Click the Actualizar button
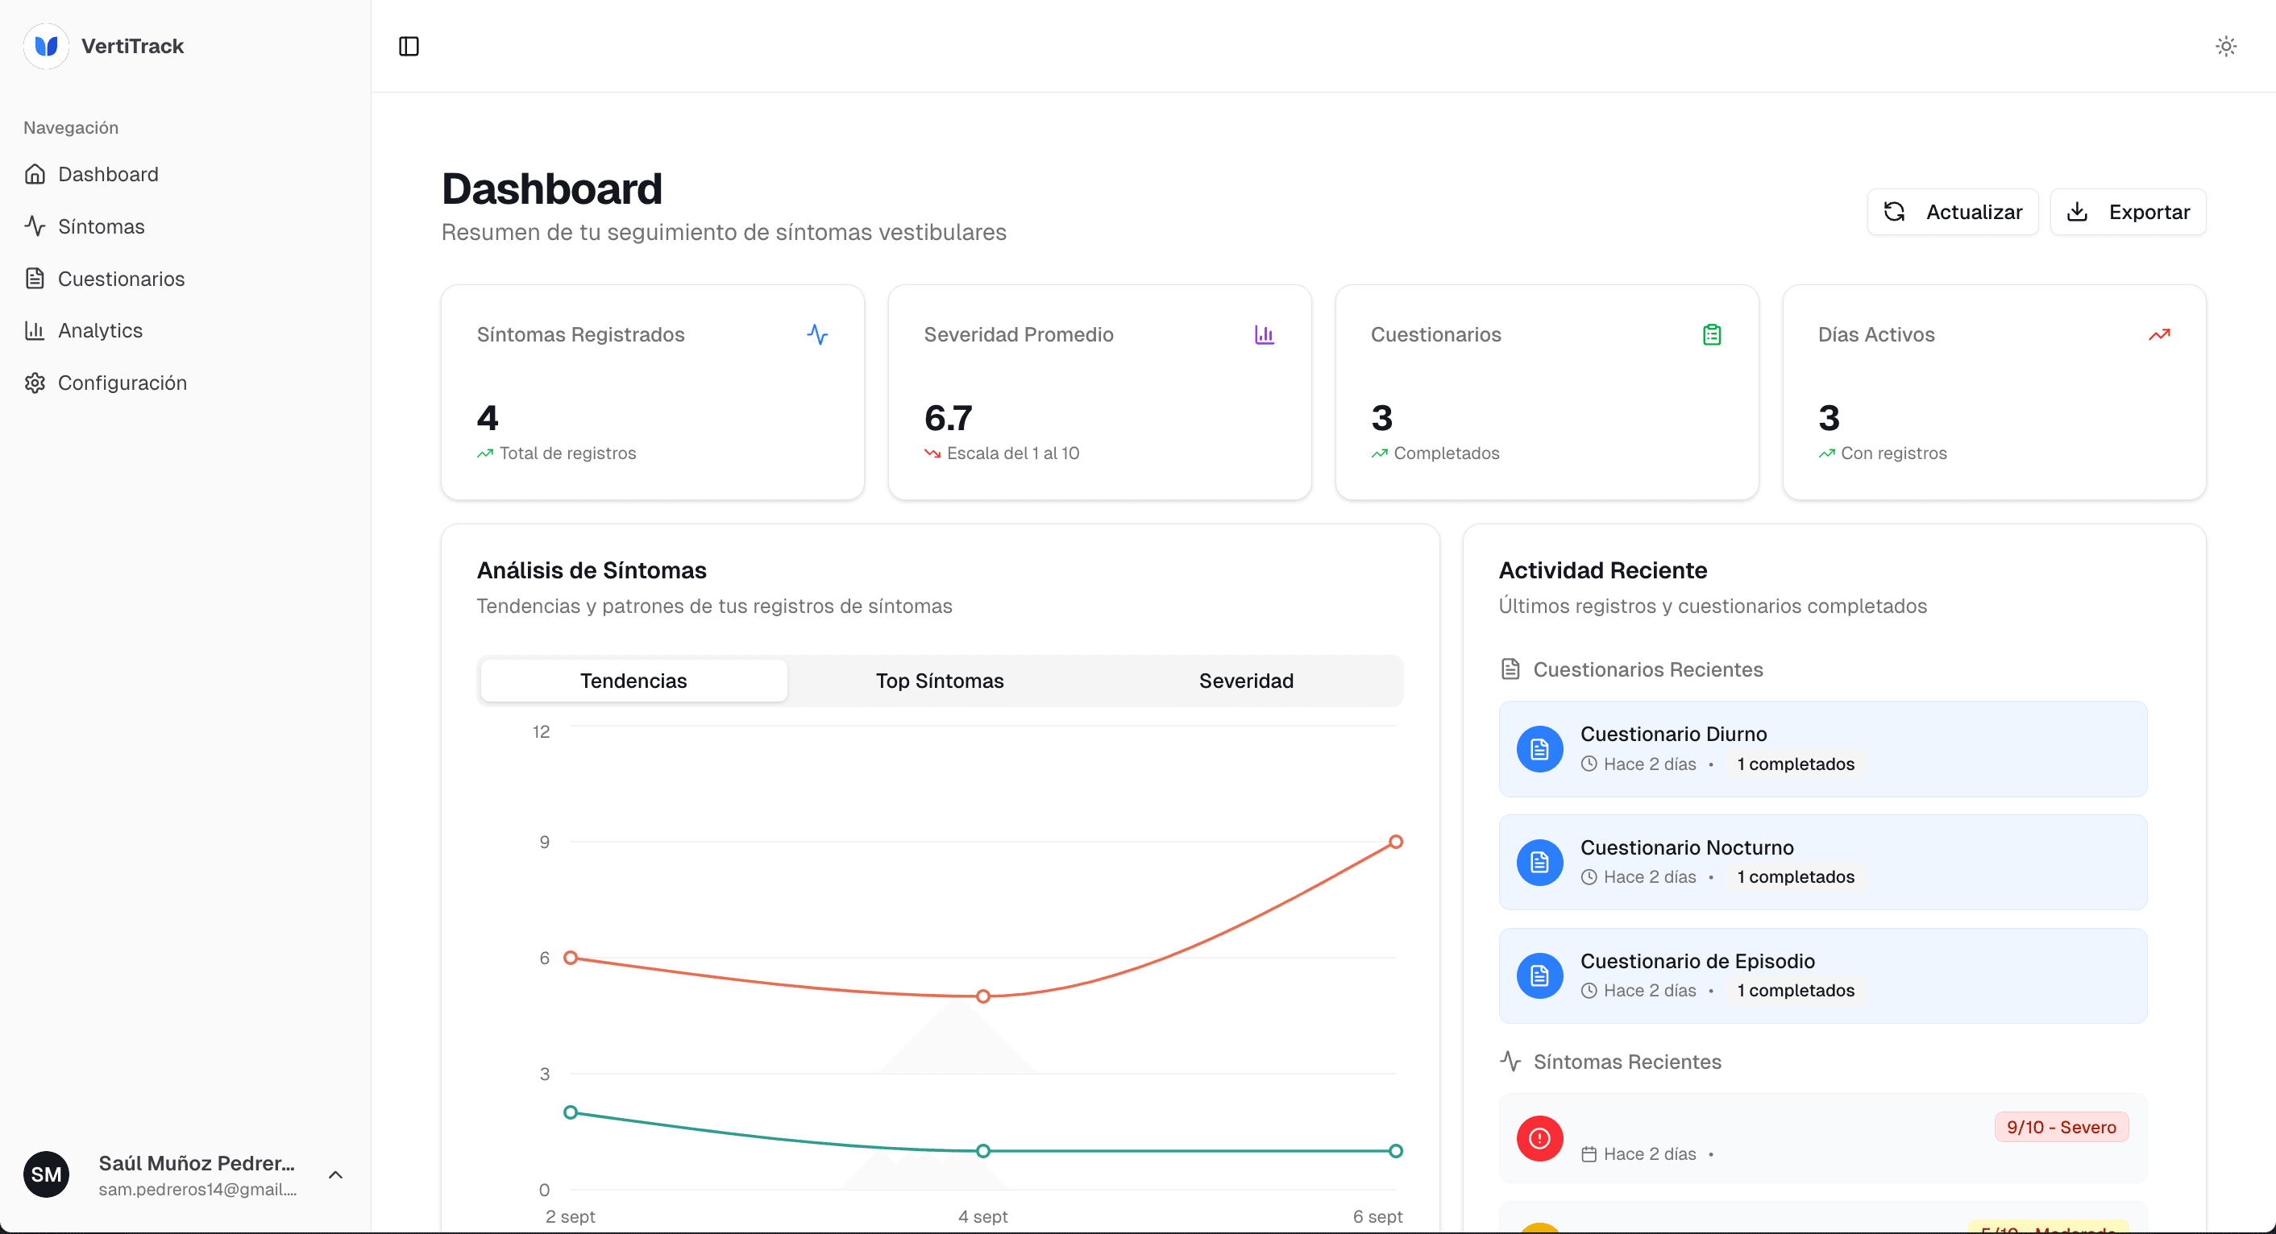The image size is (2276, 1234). point(1952,212)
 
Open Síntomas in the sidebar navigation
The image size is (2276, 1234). point(101,226)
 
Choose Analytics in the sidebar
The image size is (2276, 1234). point(100,330)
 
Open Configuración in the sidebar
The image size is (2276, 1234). point(122,383)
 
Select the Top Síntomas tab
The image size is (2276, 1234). point(939,680)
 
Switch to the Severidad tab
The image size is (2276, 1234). point(1245,680)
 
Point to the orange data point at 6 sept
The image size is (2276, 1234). point(1395,842)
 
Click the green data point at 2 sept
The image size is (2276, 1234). point(571,1112)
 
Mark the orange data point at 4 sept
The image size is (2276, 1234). point(982,996)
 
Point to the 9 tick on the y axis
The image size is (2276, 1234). point(544,842)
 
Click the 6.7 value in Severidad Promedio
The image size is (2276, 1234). point(948,418)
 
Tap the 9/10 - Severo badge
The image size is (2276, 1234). point(2061,1127)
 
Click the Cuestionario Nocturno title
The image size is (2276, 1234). point(1686,847)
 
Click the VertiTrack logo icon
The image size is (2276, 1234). point(46,46)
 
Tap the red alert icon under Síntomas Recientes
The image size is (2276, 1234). point(1539,1139)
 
